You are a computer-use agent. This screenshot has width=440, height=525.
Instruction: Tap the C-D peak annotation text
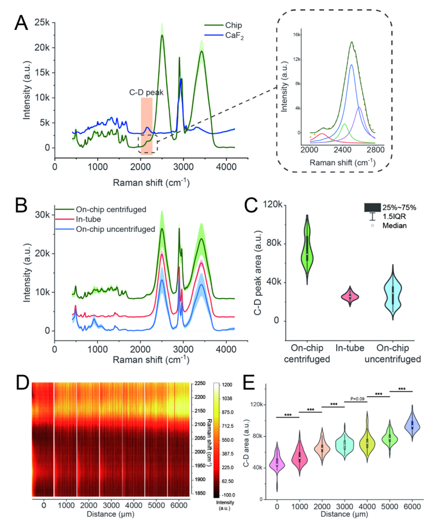pyautogui.click(x=147, y=91)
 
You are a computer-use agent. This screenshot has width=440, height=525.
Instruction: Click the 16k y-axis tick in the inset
pyautogui.click(x=298, y=35)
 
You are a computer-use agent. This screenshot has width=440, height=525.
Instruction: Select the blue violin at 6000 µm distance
pyautogui.click(x=412, y=424)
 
